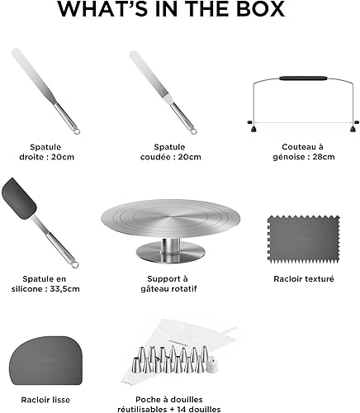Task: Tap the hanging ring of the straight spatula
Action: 77,131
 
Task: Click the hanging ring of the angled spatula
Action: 194,131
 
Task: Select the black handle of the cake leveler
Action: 303,78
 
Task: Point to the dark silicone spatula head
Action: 19,198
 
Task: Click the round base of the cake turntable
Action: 170,252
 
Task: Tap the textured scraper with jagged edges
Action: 304,239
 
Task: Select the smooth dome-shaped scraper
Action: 46,360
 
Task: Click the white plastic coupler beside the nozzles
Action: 213,365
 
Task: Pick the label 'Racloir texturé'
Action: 304,279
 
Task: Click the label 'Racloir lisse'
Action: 45,400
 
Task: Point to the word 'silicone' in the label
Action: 26,289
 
